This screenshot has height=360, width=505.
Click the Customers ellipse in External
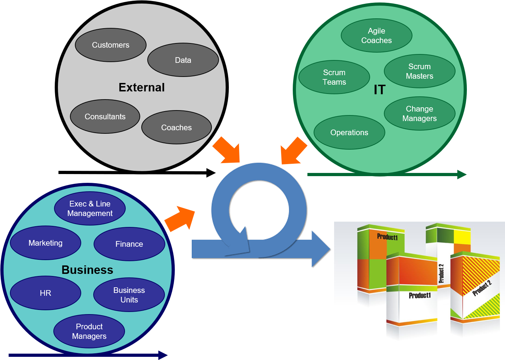(x=111, y=45)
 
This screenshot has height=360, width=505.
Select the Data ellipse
(x=183, y=60)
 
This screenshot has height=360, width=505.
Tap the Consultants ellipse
(x=105, y=116)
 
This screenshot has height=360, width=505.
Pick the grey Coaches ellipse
(x=176, y=127)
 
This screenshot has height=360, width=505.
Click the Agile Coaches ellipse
(x=376, y=36)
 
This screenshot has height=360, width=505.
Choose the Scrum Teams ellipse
(x=334, y=77)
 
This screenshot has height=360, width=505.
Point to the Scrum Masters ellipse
(x=420, y=71)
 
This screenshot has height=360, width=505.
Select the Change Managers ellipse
(x=420, y=114)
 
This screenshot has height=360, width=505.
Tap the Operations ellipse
(x=349, y=132)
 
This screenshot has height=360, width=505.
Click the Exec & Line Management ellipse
(x=90, y=209)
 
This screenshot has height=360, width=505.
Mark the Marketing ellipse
(x=46, y=243)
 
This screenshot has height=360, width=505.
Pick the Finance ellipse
(x=129, y=244)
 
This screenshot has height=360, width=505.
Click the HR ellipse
(x=46, y=293)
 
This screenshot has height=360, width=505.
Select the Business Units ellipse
(x=129, y=295)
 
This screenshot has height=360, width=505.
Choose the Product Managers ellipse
(x=89, y=331)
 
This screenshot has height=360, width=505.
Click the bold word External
(x=142, y=88)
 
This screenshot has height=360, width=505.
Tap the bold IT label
(x=380, y=90)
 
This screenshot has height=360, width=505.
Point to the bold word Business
(x=87, y=270)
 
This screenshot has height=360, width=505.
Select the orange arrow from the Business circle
(x=180, y=218)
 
